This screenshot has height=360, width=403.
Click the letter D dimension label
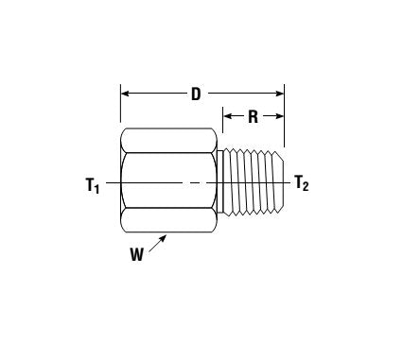pyautogui.click(x=196, y=94)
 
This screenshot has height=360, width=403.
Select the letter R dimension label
pyautogui.click(x=253, y=116)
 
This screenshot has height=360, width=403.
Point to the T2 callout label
pyautogui.click(x=302, y=183)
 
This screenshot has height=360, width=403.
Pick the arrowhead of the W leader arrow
pyautogui.click(x=166, y=237)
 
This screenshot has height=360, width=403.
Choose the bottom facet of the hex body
pyautogui.click(x=170, y=221)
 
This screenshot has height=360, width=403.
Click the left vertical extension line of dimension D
pyautogui.click(x=120, y=109)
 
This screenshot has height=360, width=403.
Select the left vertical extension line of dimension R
pyautogui.click(x=222, y=128)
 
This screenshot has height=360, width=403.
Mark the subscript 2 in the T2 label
pyautogui.click(x=307, y=187)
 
